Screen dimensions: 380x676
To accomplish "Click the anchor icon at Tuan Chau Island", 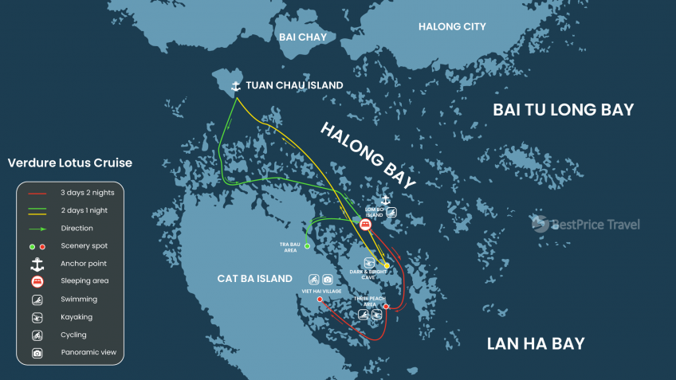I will click(x=235, y=85).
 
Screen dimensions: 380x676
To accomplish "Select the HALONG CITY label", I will click(x=452, y=27).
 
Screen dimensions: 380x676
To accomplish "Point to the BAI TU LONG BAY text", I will click(x=563, y=110).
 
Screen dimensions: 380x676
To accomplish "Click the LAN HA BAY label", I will click(x=536, y=343).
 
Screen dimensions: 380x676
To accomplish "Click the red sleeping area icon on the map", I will click(x=365, y=225).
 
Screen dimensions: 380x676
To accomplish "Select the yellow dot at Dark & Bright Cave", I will click(x=387, y=265).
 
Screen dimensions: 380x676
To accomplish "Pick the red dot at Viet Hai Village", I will click(x=320, y=299).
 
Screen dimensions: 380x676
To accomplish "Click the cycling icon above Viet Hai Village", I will click(x=314, y=280).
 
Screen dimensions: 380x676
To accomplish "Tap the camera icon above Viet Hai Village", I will click(x=328, y=280).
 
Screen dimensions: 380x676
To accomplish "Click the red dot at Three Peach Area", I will click(x=386, y=307).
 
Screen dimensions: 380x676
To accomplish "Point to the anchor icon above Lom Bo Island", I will click(x=386, y=199).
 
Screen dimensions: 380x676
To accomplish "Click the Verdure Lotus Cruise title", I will click(x=70, y=163).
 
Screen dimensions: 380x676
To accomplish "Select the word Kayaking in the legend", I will click(x=77, y=317).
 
